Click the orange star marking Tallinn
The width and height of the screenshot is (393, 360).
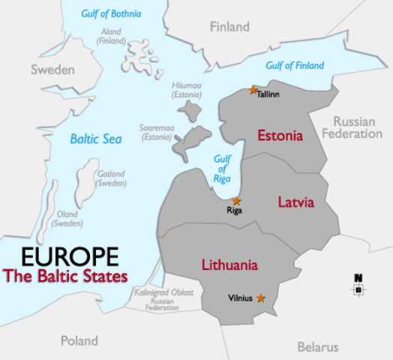tap(253, 90)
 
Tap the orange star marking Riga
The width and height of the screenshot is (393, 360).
tap(236, 201)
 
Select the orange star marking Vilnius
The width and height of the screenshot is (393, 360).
tap(260, 298)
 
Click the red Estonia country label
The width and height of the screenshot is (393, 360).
tap(280, 136)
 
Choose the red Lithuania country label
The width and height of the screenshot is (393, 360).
tap(229, 265)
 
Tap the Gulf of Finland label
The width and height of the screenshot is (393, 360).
tap(294, 66)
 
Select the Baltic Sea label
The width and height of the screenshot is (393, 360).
tap(95, 138)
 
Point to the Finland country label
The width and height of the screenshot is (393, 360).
tap(229, 27)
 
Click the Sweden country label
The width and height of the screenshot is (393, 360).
tap(52, 70)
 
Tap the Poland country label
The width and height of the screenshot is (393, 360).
tap(79, 340)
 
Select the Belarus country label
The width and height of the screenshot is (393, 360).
tap(318, 346)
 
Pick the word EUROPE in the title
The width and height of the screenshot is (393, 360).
tap(70, 256)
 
